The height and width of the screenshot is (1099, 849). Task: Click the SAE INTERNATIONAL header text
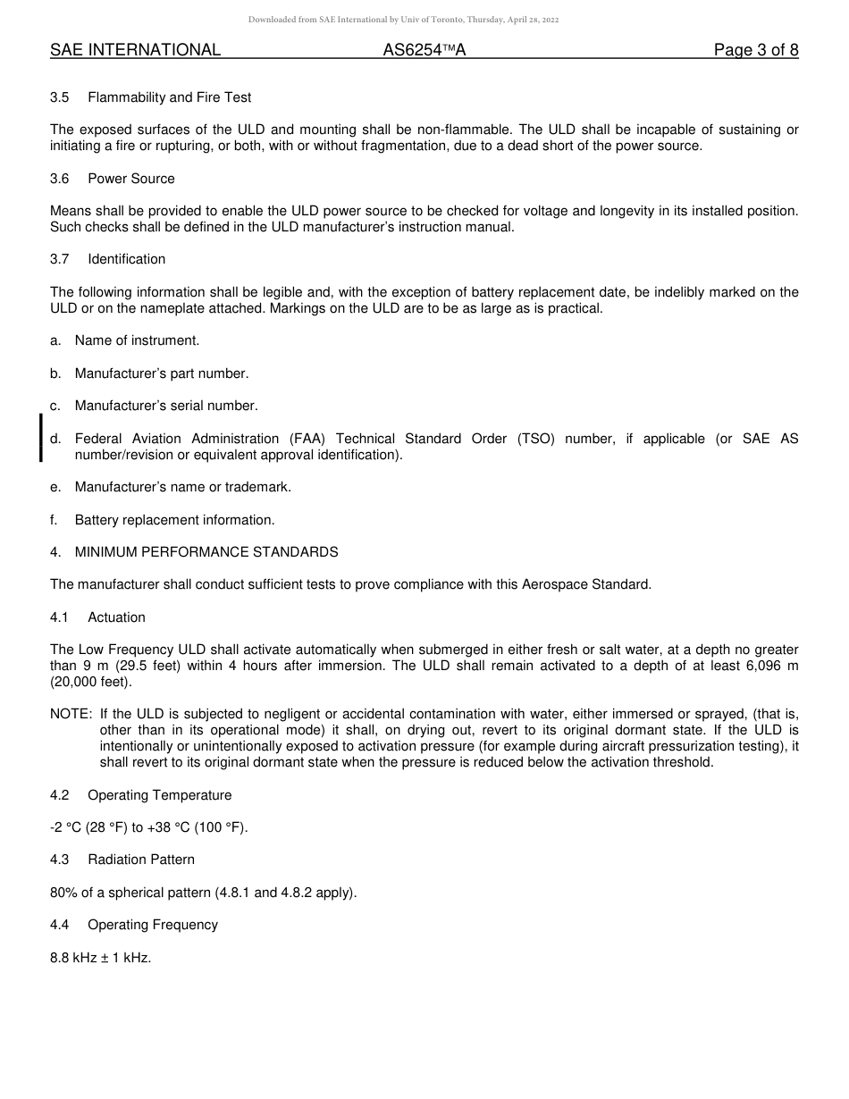click(135, 50)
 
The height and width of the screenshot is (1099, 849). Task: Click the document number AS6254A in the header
click(424, 50)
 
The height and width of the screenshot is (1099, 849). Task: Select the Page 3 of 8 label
click(755, 50)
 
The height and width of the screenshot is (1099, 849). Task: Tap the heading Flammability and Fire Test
click(169, 97)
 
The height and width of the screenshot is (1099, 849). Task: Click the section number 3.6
click(60, 179)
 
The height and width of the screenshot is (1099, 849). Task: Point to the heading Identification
click(126, 259)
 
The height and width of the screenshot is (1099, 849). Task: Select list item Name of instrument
click(137, 340)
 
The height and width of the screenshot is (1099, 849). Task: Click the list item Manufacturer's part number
click(162, 373)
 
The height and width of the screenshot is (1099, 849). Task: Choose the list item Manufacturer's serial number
click(166, 406)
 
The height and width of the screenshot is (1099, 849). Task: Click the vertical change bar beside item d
click(40, 438)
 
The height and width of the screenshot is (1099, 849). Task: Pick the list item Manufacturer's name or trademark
click(182, 487)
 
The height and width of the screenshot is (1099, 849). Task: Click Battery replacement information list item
click(174, 520)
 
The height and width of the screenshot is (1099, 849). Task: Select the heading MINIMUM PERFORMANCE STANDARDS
click(206, 552)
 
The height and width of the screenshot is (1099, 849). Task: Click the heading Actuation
click(116, 617)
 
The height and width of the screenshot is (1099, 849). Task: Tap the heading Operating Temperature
click(159, 795)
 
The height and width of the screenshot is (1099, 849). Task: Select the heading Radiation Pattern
click(140, 860)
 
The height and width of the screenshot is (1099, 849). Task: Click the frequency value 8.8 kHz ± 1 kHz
click(101, 957)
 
